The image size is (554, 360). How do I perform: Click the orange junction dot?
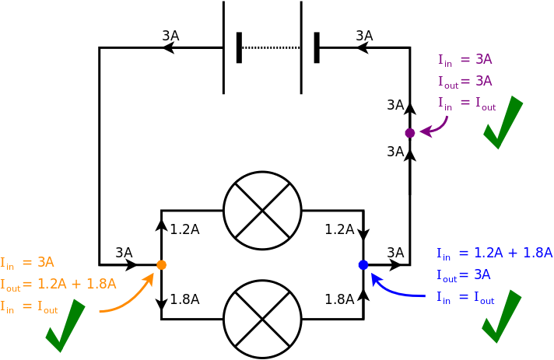click(161, 265)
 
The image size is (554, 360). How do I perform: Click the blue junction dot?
click(363, 265)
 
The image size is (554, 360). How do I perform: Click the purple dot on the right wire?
click(410, 133)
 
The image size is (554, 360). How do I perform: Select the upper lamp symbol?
click(262, 211)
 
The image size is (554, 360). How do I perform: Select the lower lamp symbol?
click(262, 319)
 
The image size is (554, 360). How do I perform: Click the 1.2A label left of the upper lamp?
click(184, 229)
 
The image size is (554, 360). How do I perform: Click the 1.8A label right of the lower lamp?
click(339, 299)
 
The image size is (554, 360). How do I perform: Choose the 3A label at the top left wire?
click(170, 36)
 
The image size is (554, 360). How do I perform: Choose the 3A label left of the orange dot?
click(124, 253)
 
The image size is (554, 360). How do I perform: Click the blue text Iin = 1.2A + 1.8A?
click(494, 253)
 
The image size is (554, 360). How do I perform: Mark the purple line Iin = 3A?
click(465, 59)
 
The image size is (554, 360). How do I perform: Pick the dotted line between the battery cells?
click(270, 47)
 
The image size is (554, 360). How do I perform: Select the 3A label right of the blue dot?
click(395, 253)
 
